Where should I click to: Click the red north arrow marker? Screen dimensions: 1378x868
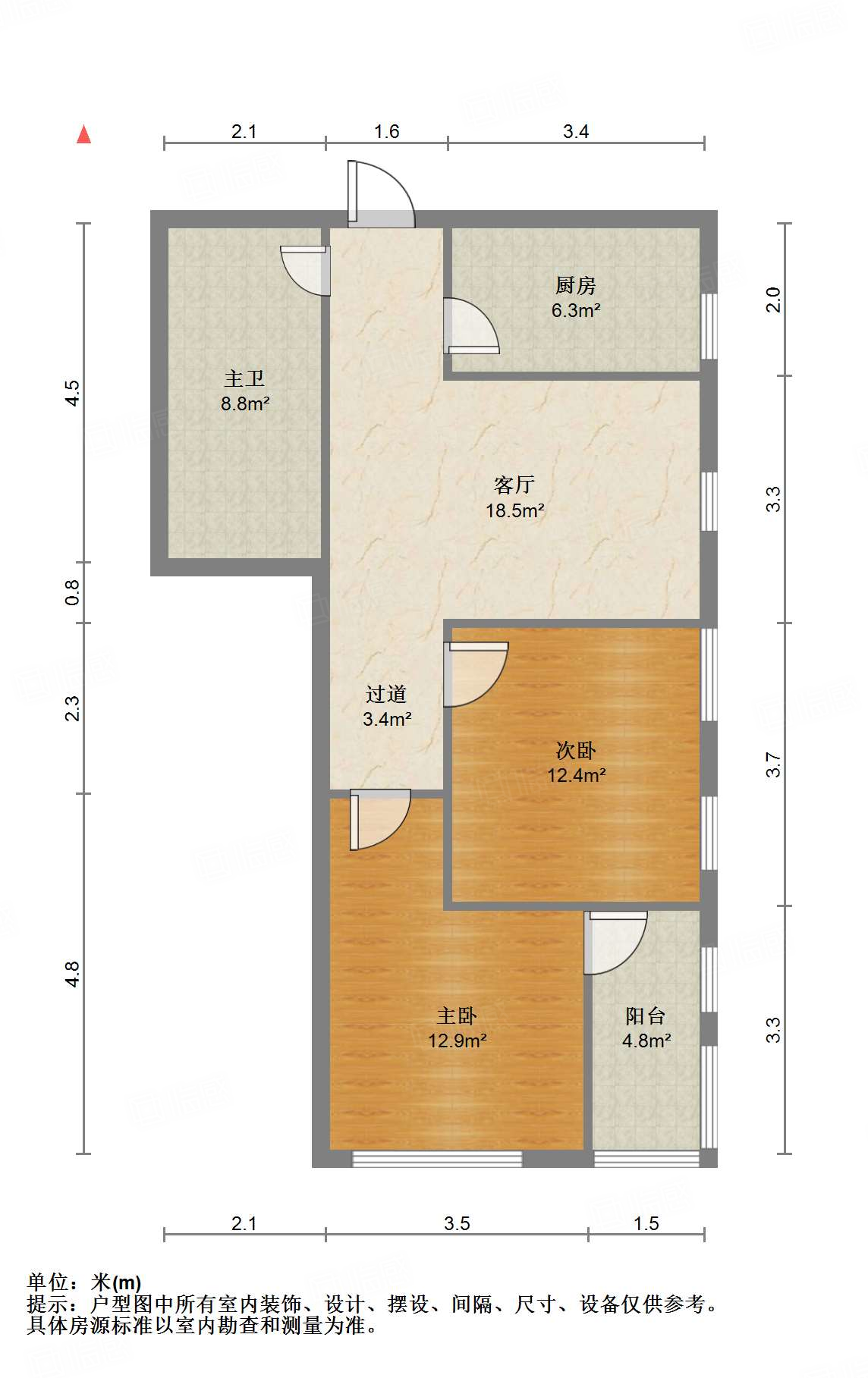pos(83,135)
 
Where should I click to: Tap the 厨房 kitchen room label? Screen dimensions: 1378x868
pos(575,286)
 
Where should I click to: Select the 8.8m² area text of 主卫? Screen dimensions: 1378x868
pos(245,404)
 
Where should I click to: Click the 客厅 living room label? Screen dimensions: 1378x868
pos(514,485)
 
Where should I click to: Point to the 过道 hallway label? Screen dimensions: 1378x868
pos(386,694)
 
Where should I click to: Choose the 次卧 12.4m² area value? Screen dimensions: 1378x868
pos(576,776)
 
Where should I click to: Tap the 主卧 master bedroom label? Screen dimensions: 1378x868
pos(457,1016)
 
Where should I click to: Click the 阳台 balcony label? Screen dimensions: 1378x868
pos(646,1016)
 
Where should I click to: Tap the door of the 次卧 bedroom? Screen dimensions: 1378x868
pos(474,673)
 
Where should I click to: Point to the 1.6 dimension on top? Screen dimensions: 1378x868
pos(386,132)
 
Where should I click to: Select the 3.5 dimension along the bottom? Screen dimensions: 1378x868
pos(457,1223)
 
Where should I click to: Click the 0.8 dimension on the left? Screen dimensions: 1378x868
pos(72,592)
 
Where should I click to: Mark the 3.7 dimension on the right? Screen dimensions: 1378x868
pos(772,764)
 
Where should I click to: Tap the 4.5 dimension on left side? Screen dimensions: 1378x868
pos(72,392)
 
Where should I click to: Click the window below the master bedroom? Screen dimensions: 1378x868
pos(437,1158)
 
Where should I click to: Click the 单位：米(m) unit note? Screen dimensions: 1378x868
pos(84,1282)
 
